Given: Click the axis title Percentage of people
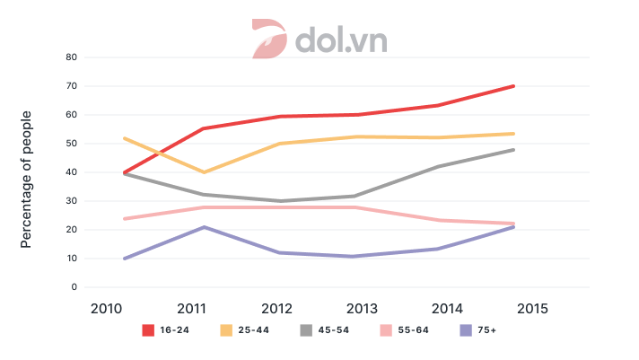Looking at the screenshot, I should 27,180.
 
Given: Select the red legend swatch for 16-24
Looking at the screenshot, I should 150,330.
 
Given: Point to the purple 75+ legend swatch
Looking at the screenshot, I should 465,330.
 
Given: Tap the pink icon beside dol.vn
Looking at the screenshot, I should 268,40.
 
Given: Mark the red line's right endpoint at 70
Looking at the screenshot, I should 513,86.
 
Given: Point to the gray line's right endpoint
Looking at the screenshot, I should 513,150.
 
